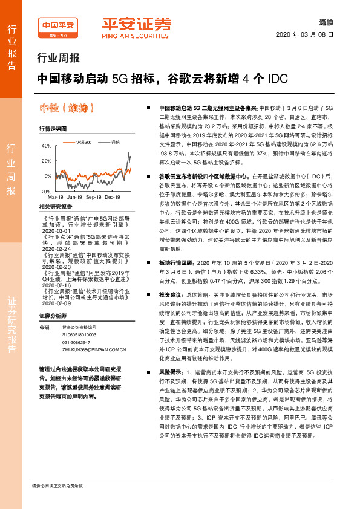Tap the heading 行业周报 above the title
pos(54,59)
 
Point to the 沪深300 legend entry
pos(82,141)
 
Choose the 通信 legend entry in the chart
pos(114,141)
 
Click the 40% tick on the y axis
pos(46,146)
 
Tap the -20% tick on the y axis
pos(45,190)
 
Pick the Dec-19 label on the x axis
pos(113,197)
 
